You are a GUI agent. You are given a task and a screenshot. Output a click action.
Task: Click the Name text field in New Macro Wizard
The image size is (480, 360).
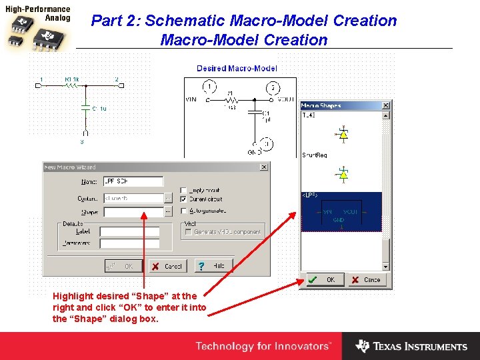tap(133, 181)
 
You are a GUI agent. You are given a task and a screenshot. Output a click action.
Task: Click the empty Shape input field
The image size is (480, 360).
tap(133, 212)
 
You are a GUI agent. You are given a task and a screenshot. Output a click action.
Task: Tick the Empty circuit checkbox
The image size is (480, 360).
tap(183, 190)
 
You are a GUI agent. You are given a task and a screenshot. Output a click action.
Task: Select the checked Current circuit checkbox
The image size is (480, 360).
tap(183, 199)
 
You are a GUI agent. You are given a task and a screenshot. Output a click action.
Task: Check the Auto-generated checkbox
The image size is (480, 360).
tap(183, 211)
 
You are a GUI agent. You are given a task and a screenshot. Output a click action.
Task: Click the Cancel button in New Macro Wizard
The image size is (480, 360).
tap(167, 266)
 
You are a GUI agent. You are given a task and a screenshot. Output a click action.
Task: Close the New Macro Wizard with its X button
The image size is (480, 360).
tap(264, 167)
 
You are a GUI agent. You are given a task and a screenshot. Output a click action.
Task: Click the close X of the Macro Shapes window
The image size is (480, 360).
tap(385, 105)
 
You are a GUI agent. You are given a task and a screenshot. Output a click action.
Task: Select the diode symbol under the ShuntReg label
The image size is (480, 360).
tap(343, 175)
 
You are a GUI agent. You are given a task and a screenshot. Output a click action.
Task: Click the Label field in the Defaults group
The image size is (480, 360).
tap(129, 232)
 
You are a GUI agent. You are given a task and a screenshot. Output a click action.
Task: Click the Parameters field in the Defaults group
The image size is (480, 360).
tap(129, 244)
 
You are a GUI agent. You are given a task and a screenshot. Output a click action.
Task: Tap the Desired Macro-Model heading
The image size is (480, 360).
tap(237, 69)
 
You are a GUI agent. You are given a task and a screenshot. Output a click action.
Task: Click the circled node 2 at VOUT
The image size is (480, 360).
tap(273, 88)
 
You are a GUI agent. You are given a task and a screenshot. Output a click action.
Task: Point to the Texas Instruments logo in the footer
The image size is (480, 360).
tap(411, 347)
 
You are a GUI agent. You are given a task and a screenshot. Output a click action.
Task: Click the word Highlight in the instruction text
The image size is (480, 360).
tap(69, 296)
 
